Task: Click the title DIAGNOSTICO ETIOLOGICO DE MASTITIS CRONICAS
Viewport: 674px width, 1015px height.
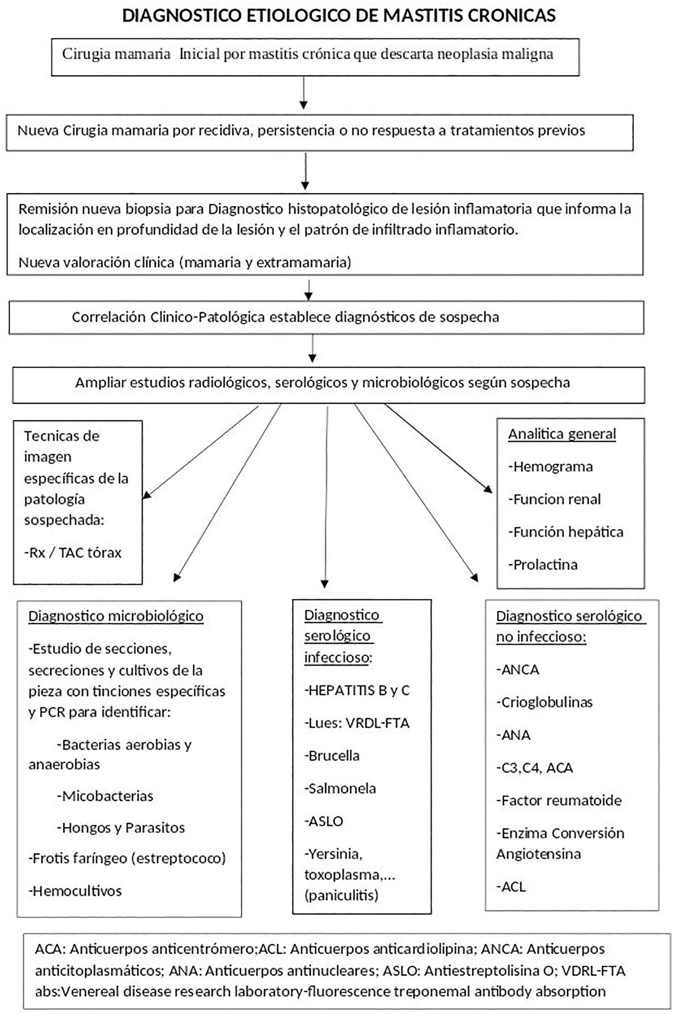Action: [x=339, y=15]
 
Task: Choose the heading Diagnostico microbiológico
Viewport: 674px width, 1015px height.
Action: [x=116, y=616]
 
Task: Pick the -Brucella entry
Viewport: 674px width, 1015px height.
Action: [x=332, y=755]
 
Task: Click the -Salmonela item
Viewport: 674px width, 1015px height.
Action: [x=340, y=788]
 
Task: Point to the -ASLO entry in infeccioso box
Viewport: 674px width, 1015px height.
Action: [x=324, y=820]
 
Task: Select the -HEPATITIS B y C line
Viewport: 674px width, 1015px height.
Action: [x=357, y=690]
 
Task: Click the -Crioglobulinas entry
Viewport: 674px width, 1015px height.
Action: [x=544, y=702]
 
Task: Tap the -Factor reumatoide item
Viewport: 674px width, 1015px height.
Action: [x=559, y=800]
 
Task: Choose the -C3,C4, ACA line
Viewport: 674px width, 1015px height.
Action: [x=534, y=767]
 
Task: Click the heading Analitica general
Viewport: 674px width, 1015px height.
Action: [x=562, y=433]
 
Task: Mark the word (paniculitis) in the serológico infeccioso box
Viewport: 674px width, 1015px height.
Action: [x=341, y=896]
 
